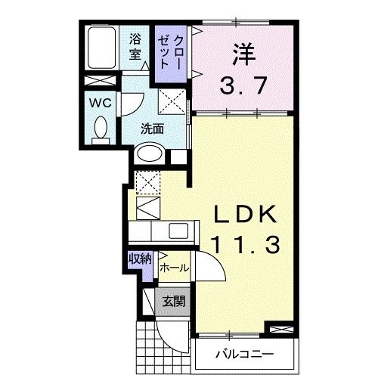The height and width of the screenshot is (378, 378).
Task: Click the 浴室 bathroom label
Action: coord(135,47)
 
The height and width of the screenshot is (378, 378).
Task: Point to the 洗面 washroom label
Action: coord(152,129)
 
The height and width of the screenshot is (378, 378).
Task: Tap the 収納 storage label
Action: coord(140,259)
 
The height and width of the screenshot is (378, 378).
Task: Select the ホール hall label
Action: coord(173,268)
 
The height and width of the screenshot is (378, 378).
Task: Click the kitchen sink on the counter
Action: coord(179,231)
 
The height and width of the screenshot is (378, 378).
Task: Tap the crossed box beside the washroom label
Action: coord(172,101)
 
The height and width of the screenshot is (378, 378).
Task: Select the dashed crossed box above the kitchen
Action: coord(145,181)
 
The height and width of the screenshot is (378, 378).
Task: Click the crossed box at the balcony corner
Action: coord(277,330)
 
